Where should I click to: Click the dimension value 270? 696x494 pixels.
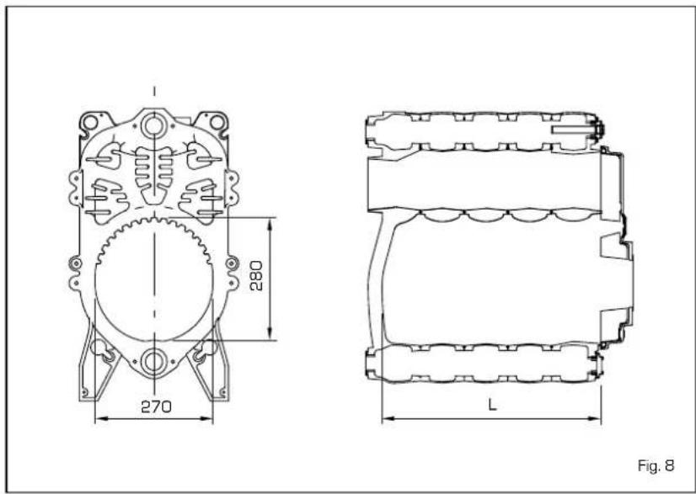click(156, 406)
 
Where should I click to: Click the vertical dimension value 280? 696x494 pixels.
click(256, 276)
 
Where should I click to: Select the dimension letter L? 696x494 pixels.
click(492, 404)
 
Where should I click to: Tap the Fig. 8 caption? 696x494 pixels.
click(656, 466)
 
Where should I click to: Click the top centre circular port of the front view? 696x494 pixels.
click(153, 126)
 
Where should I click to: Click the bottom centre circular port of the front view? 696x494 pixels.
click(153, 361)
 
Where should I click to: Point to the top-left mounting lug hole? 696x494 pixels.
click(91, 121)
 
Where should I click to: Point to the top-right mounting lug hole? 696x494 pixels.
click(217, 121)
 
